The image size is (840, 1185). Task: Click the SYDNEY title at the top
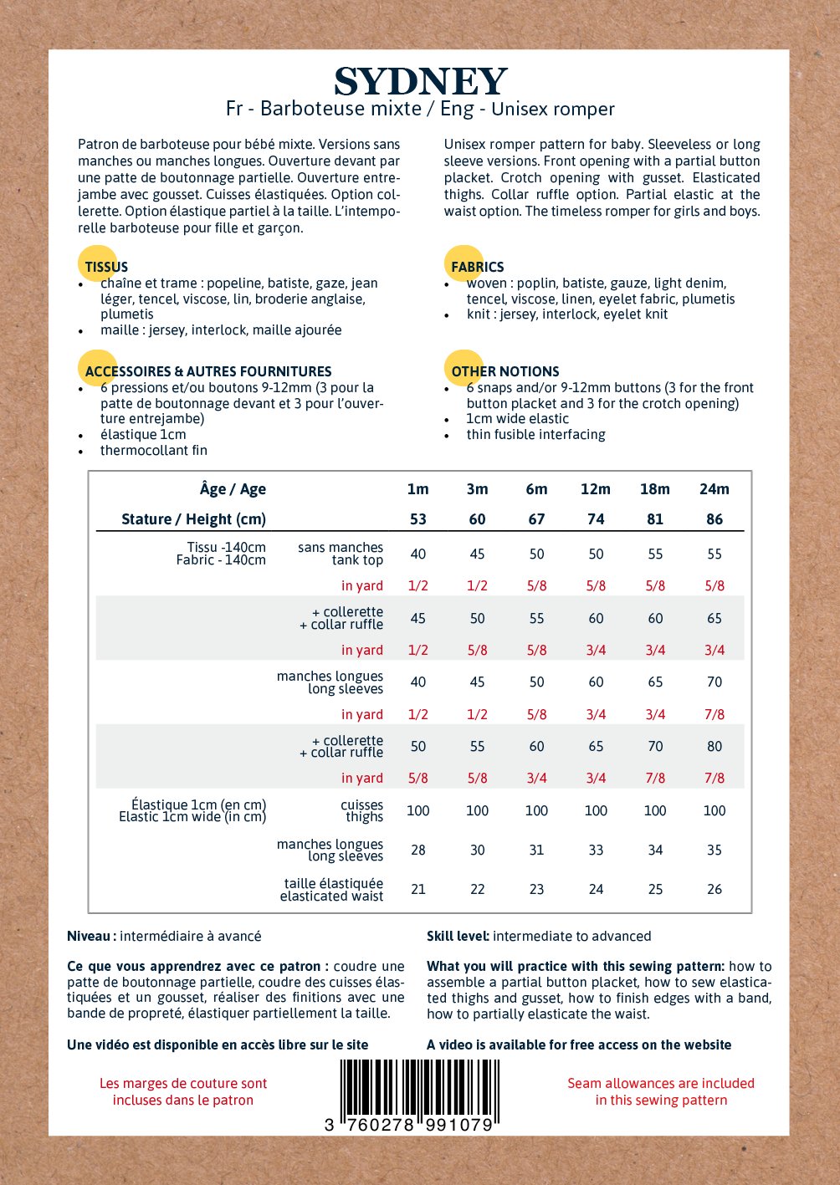click(420, 82)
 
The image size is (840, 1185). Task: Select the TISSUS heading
click(106, 267)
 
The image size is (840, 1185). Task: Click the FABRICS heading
click(477, 267)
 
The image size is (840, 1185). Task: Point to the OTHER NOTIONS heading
click(505, 371)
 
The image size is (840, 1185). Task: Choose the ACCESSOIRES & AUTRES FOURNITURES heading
click(208, 371)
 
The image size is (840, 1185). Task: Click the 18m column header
click(654, 489)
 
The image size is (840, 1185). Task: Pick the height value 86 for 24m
click(714, 519)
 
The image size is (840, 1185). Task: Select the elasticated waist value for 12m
click(596, 889)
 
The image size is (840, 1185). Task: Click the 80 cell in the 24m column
click(714, 746)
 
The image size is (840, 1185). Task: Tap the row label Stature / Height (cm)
click(193, 519)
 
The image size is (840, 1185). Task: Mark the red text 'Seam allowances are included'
click(661, 1083)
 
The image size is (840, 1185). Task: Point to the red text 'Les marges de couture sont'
click(183, 1083)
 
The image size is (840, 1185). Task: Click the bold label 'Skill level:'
click(458, 936)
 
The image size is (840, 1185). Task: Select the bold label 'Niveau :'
click(91, 936)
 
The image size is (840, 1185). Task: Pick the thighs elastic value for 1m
click(417, 810)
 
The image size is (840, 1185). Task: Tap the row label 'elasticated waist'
click(331, 896)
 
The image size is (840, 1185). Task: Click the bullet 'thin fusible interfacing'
click(535, 434)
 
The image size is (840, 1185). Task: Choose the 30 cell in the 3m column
click(477, 850)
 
